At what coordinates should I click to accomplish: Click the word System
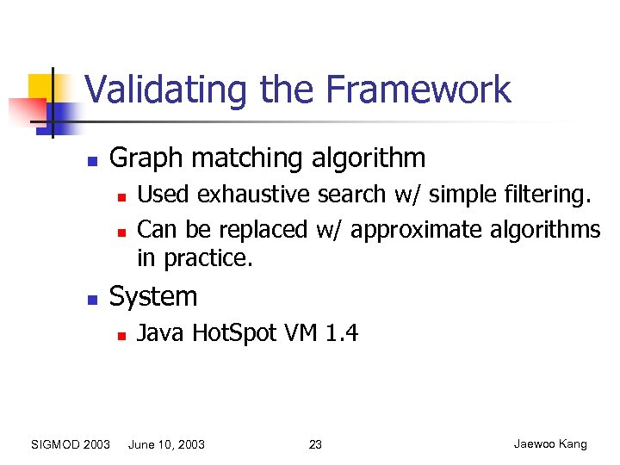coord(153,297)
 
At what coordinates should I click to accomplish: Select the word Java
coord(161,332)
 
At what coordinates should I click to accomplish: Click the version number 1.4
coord(342,332)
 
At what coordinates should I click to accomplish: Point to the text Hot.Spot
coord(233,332)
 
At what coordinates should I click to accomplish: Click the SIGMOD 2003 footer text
coord(71,444)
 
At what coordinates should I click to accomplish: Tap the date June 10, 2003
coord(166,444)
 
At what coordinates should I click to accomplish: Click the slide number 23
coord(315,444)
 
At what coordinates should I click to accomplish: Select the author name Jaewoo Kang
coord(549,444)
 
